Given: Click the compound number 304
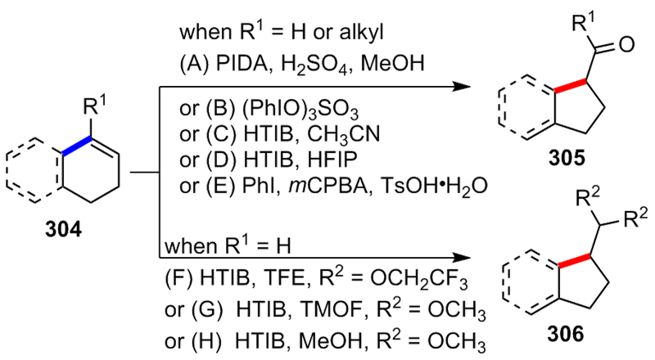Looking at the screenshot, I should tap(63, 230).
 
